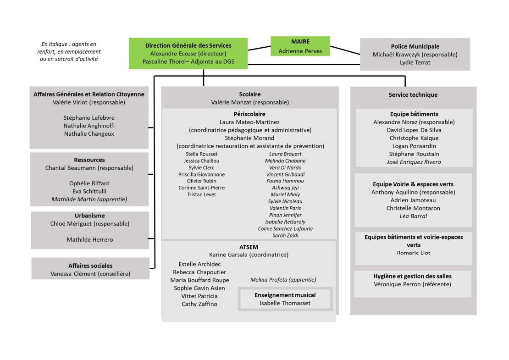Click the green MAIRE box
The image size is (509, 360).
click(300, 46)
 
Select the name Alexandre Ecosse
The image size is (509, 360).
click(173, 54)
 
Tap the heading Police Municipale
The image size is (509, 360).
click(415, 46)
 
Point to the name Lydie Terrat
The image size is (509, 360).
click(415, 62)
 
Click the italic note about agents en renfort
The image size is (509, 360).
click(69, 51)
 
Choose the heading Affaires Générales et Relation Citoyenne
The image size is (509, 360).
click(89, 94)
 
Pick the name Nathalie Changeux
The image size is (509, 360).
click(89, 134)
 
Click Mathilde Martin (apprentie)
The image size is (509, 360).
click(89, 199)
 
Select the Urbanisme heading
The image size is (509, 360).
click(89, 216)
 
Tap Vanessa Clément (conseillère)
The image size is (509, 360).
click(90, 274)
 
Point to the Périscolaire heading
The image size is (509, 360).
click(249, 114)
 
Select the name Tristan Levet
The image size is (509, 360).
click(201, 194)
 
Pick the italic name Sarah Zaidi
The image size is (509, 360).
click(285, 235)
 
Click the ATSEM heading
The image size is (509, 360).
click(249, 247)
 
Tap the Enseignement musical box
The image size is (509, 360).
click(285, 299)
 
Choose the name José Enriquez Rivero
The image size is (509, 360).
click(414, 162)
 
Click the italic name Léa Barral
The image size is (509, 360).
click(413, 216)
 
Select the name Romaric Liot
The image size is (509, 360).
click(413, 253)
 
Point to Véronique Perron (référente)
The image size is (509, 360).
click(412, 284)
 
